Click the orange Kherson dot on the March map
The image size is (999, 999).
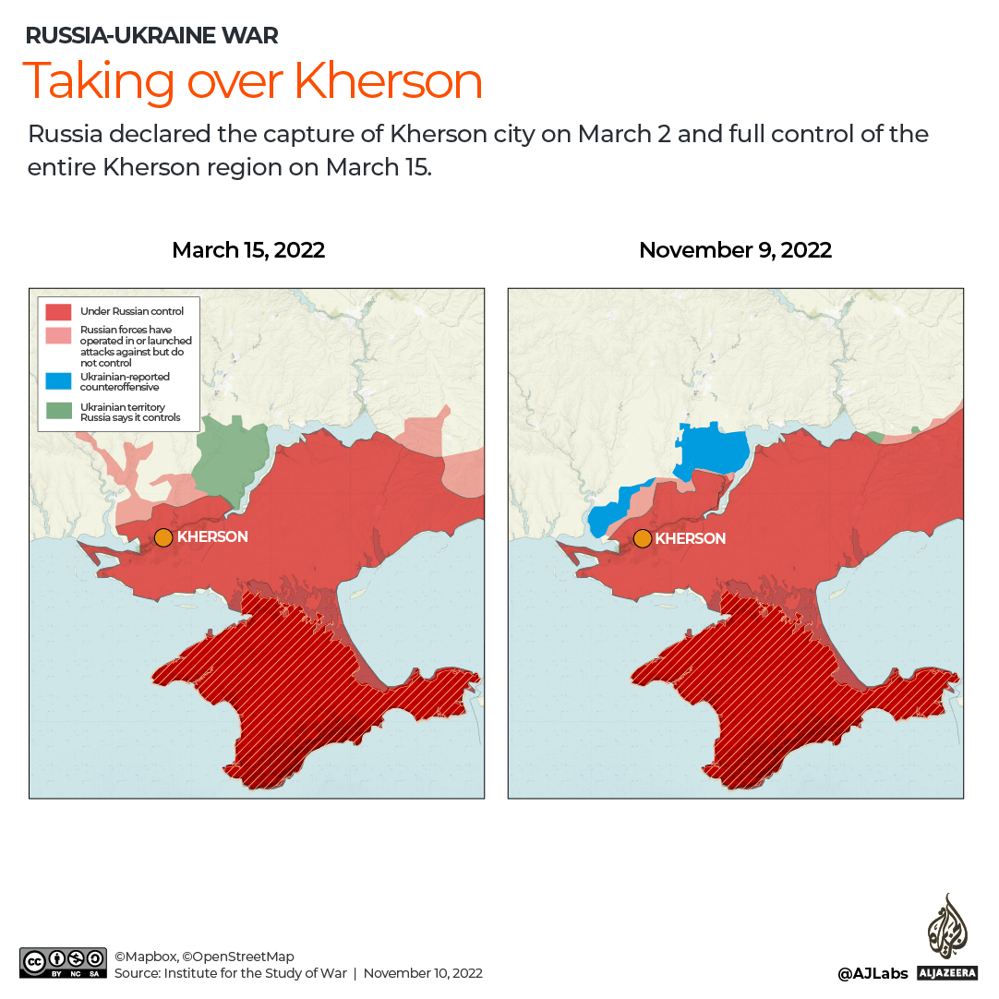pos(163,537)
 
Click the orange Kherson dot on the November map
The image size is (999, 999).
pos(642,539)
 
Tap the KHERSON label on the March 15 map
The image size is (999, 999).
pos(212,537)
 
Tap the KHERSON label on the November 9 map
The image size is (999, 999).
pos(691,539)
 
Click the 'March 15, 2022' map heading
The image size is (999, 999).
pos(248,250)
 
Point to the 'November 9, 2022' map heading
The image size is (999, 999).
pos(735,250)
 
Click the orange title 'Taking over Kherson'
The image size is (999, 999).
pos(252,81)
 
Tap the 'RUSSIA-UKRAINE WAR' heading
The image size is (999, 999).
pos(151,36)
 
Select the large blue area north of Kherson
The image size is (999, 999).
pos(714,449)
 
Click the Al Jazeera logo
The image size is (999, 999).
pos(946,936)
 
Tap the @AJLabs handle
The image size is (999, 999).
pos(873,973)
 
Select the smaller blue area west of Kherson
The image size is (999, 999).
pos(610,512)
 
